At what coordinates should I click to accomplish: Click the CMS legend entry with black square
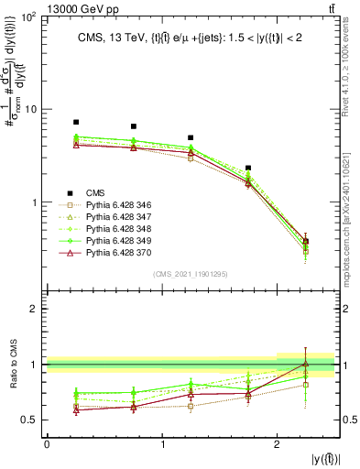pos(95,192)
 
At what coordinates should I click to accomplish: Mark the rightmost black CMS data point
pos(305,241)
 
